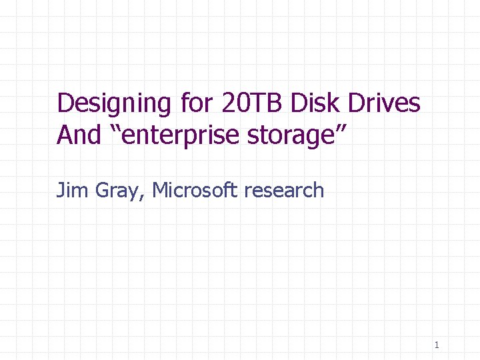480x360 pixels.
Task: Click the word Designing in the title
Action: (115, 103)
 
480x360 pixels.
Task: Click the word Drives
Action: (387, 103)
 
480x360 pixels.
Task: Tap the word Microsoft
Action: (195, 191)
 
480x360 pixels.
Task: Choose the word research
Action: (284, 191)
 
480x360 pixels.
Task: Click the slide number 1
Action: (437, 345)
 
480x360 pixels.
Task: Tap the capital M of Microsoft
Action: (161, 191)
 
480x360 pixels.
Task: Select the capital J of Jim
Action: (60, 191)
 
